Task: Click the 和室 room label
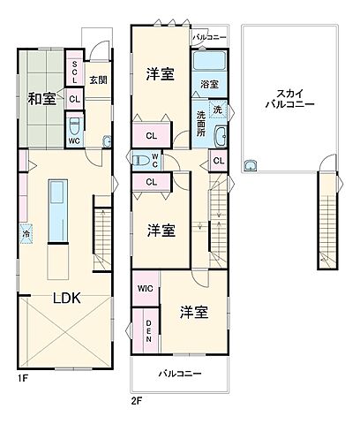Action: tap(41, 98)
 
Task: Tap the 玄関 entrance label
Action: tap(99, 79)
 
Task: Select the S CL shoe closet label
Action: tap(75, 72)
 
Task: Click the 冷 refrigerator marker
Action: tap(25, 235)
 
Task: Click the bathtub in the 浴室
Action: tap(210, 61)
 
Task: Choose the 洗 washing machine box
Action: tap(219, 110)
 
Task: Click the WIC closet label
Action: tap(145, 289)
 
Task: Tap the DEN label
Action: tap(147, 330)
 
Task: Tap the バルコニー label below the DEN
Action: tap(179, 374)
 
